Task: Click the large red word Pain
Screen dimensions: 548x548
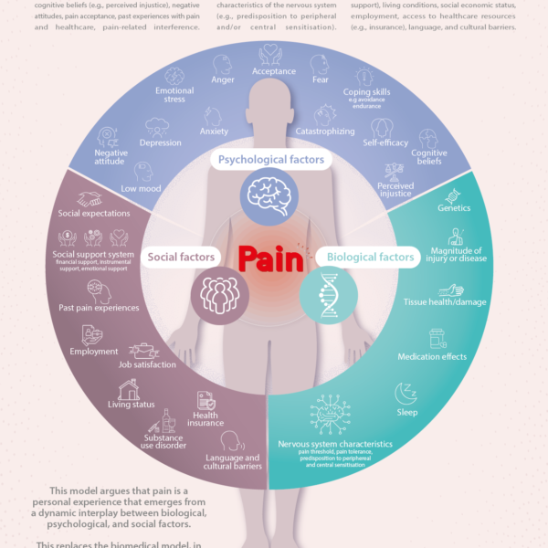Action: tap(271, 259)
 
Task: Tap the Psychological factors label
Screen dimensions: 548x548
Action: tap(270, 160)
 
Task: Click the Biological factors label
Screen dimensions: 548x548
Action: tap(371, 258)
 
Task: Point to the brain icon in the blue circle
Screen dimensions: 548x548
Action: tap(270, 195)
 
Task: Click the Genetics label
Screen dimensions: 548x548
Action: tap(454, 208)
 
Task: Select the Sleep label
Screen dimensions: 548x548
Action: tap(407, 412)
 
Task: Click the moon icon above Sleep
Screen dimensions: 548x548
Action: tap(406, 394)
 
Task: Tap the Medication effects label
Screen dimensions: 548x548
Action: tap(433, 356)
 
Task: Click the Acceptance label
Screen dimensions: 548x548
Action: tap(274, 71)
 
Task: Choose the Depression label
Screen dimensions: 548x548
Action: tap(161, 143)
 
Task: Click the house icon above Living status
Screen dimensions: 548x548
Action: tap(129, 388)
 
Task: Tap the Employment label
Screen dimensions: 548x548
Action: tap(94, 352)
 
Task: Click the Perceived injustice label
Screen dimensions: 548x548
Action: tap(395, 190)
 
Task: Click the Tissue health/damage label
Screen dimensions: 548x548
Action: tap(445, 301)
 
